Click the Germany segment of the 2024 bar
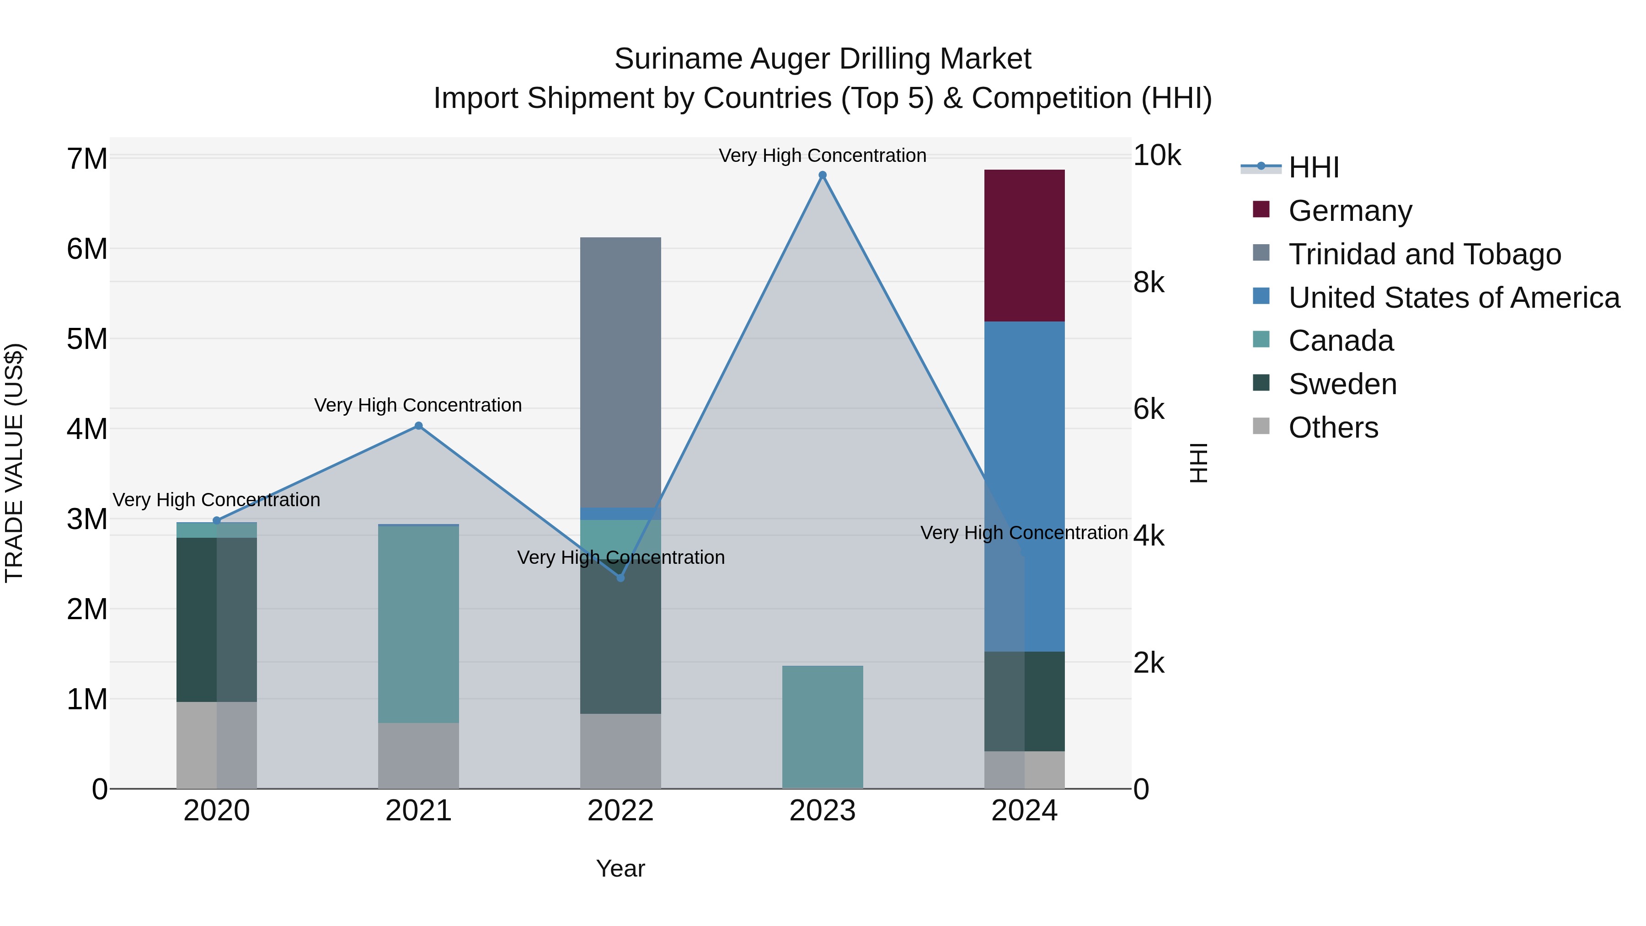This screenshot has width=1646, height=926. pos(1024,246)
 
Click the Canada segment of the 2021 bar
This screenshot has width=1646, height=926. pos(418,624)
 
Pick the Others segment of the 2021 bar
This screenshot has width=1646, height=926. pos(418,755)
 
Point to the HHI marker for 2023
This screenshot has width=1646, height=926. pos(823,175)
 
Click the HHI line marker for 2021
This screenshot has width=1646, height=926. pos(418,426)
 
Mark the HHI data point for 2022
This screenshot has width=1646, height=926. pos(620,578)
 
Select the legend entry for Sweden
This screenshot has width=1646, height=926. pos(1342,384)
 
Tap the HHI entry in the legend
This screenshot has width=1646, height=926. pos(1313,167)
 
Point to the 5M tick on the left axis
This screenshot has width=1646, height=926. pos(87,339)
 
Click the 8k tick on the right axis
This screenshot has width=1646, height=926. pos(1148,283)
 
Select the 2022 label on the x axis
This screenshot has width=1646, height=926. pos(620,811)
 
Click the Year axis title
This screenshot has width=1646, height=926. pos(620,868)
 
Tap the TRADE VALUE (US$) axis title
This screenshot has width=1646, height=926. pos(14,463)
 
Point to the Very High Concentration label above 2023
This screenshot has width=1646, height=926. pos(823,155)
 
